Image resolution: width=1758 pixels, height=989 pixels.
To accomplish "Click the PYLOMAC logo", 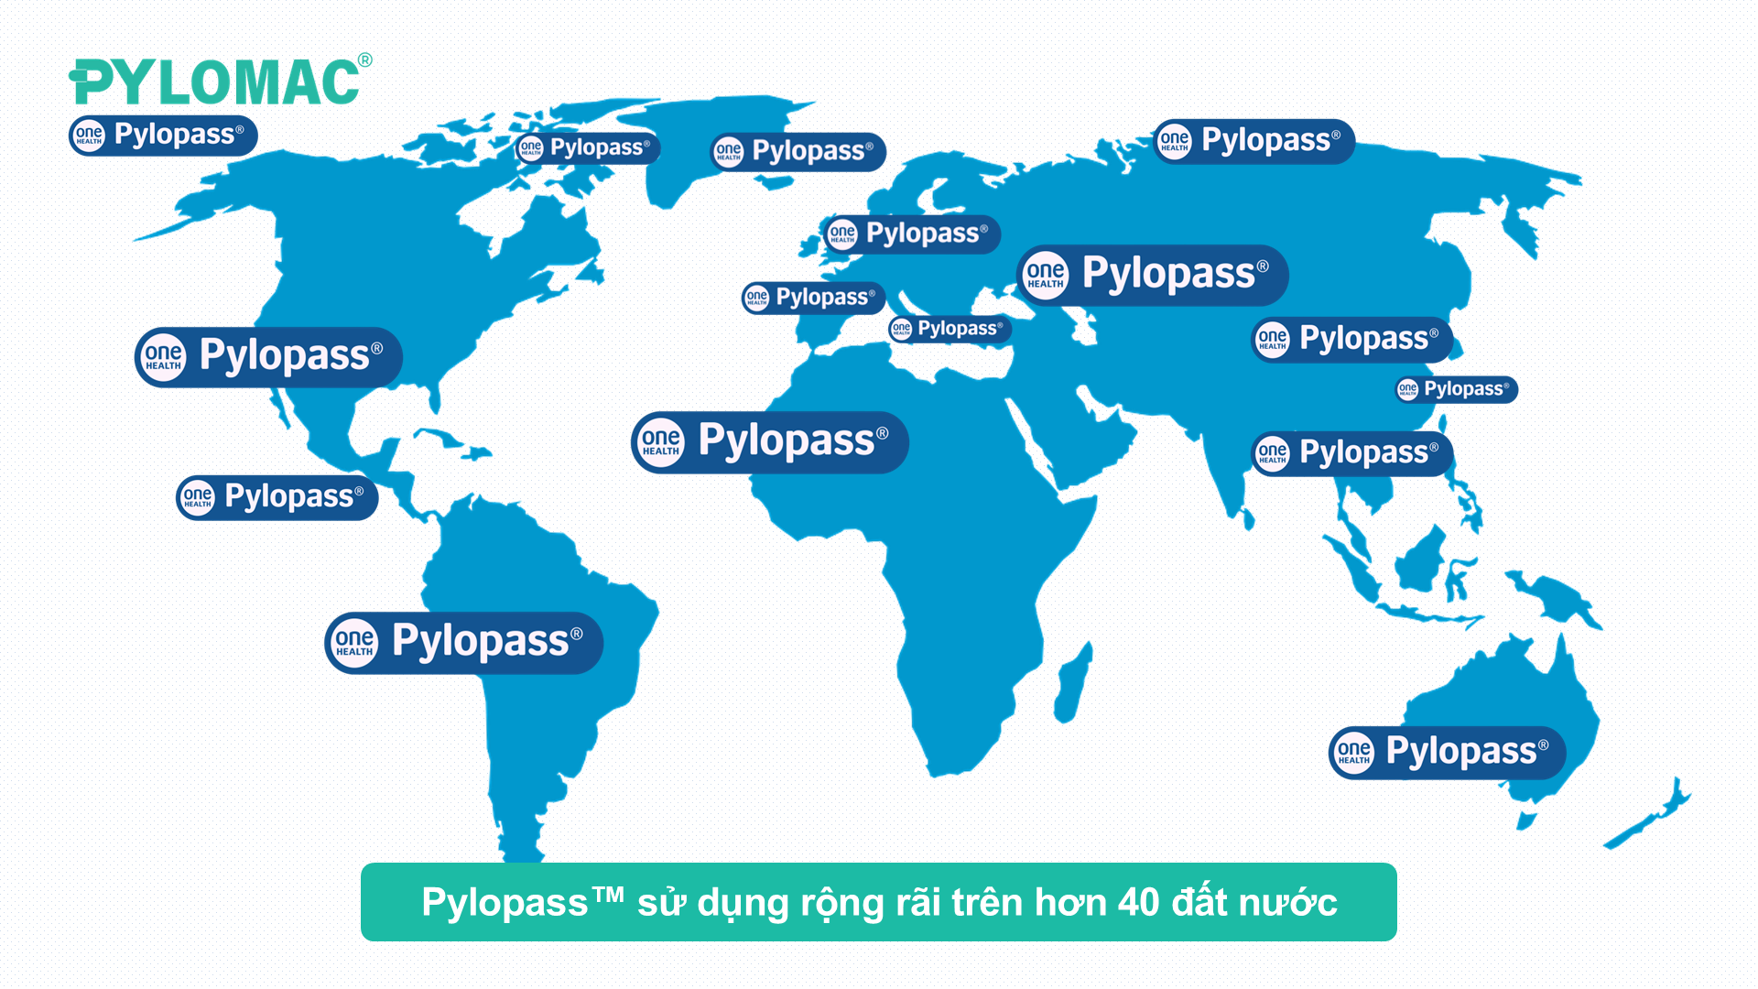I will (x=215, y=82).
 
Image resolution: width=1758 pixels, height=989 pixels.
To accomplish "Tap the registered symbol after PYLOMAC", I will (x=365, y=60).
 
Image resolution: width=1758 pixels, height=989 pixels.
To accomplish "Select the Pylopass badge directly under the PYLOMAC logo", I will (x=163, y=136).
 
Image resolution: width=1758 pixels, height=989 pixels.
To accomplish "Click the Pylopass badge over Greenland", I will (x=798, y=151).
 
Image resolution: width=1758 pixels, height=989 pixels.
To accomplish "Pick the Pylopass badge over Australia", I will (x=1447, y=753).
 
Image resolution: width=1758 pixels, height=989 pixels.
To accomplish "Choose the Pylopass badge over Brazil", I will (x=463, y=643).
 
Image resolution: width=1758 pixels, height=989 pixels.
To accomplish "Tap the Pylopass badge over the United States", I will (x=268, y=356).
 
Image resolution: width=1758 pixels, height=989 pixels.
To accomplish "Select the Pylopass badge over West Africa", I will (x=769, y=442).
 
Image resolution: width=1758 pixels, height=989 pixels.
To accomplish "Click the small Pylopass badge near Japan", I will (x=1456, y=389).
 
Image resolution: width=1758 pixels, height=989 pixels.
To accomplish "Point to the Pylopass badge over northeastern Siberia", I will (x=1253, y=142).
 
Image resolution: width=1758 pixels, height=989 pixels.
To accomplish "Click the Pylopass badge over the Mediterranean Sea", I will (x=950, y=329).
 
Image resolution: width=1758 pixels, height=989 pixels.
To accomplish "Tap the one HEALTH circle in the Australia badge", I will (x=1354, y=753).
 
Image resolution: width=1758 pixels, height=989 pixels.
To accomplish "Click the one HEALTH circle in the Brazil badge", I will (x=354, y=643).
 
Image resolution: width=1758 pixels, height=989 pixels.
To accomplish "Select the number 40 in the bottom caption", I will (x=1139, y=903).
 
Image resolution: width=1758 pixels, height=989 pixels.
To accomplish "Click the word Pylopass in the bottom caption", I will (x=505, y=903).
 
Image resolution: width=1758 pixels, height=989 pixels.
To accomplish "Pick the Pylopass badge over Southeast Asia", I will (x=1351, y=453).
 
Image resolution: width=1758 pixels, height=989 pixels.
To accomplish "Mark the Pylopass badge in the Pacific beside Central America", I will (x=277, y=498).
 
